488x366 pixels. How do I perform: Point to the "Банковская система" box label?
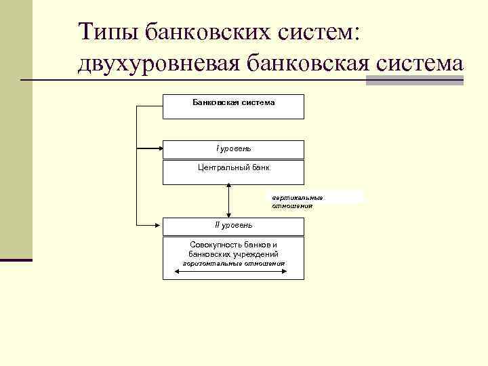pyautogui.click(x=233, y=102)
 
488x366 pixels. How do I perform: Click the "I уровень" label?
pyautogui.click(x=233, y=148)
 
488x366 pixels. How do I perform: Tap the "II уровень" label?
pyautogui.click(x=233, y=224)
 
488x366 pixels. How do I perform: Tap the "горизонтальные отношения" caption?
pyautogui.click(x=234, y=263)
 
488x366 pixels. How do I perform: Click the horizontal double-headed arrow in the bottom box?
pyautogui.click(x=230, y=272)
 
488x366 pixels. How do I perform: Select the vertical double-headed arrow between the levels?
pyautogui.click(x=230, y=201)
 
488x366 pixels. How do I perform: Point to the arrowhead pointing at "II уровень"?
pyautogui.click(x=158, y=224)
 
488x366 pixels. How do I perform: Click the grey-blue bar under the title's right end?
pyautogui.click(x=414, y=81)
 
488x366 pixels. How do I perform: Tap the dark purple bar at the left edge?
pyautogui.click(x=16, y=260)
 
